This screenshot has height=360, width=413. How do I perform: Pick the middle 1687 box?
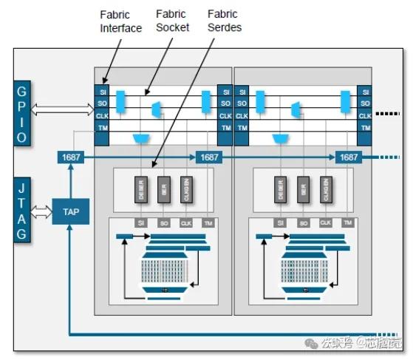click(x=209, y=157)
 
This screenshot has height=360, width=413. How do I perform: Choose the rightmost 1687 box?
click(x=348, y=157)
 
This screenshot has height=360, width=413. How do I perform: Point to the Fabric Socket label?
click(x=173, y=21)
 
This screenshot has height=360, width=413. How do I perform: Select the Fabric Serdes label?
click(x=223, y=21)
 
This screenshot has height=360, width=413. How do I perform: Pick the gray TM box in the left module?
click(x=209, y=223)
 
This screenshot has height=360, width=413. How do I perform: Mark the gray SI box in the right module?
click(x=279, y=223)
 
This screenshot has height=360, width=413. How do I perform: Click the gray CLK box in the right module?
click(x=325, y=223)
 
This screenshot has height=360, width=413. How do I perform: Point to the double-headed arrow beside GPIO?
click(x=62, y=109)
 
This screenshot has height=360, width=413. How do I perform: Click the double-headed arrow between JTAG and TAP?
click(x=42, y=212)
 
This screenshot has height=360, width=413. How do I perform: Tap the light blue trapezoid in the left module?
click(x=139, y=138)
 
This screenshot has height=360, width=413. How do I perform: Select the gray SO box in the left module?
click(x=163, y=223)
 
